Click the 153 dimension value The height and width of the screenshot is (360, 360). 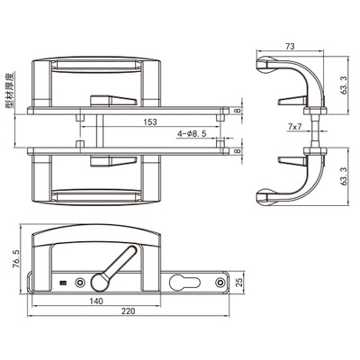tap(150, 122)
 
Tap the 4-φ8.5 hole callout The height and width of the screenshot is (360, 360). tap(192, 134)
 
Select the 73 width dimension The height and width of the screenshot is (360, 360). tap(290, 47)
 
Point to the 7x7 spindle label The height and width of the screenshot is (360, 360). tap(294, 127)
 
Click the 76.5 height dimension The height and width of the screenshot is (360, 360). tap(16, 258)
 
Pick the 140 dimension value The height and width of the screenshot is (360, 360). tap(96, 301)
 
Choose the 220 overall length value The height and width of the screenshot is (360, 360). tap(128, 311)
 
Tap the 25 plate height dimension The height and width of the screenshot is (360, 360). tap(238, 283)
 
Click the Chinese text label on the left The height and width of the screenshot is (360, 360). tap(10, 90)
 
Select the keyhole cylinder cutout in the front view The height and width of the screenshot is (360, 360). tap(184, 283)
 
